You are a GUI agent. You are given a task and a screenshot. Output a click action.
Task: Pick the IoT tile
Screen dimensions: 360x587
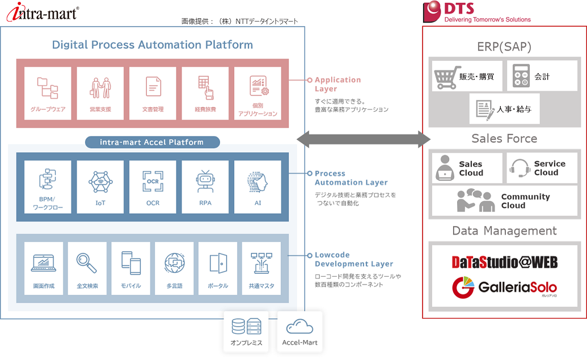[100, 187]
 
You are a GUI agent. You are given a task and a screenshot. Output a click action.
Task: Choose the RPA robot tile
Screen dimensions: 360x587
[205, 187]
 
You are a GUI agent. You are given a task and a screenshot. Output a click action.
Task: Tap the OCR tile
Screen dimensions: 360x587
[153, 187]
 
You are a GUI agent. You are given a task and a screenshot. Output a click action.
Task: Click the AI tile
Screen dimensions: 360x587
[257, 187]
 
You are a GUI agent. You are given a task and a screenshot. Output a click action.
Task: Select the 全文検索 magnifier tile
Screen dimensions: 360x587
[87, 268]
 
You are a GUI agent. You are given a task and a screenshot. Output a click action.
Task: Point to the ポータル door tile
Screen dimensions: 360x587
[218, 268]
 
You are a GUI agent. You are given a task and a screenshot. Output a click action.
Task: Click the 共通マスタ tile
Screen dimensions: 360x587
[261, 268]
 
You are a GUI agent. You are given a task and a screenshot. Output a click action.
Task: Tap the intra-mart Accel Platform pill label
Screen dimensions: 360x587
[152, 142]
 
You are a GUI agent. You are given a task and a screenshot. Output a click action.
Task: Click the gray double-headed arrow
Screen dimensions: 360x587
[364, 139]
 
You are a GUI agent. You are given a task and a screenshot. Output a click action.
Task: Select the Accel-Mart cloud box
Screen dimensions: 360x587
[299, 332]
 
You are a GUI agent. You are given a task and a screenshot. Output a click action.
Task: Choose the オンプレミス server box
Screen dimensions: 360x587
[246, 332]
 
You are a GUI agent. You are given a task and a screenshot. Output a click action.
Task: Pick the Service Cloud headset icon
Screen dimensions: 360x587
[520, 168]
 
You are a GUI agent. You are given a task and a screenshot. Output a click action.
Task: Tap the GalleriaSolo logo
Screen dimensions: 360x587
[504, 287]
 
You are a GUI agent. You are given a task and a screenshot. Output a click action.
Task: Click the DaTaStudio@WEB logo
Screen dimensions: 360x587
[504, 262]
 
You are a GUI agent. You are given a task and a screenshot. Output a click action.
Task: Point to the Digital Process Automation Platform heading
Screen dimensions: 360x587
[153, 45]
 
